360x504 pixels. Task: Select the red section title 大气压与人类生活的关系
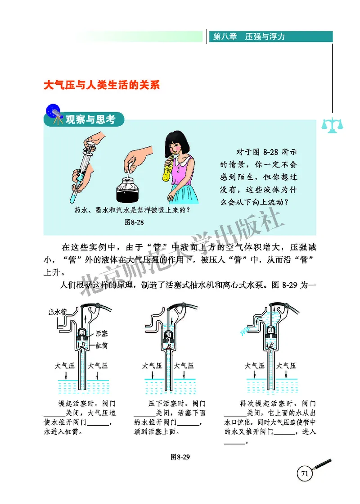pyautogui.click(x=102, y=86)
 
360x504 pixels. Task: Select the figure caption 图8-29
pyautogui.click(x=181, y=457)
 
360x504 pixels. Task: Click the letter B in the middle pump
pyautogui.click(x=167, y=346)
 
